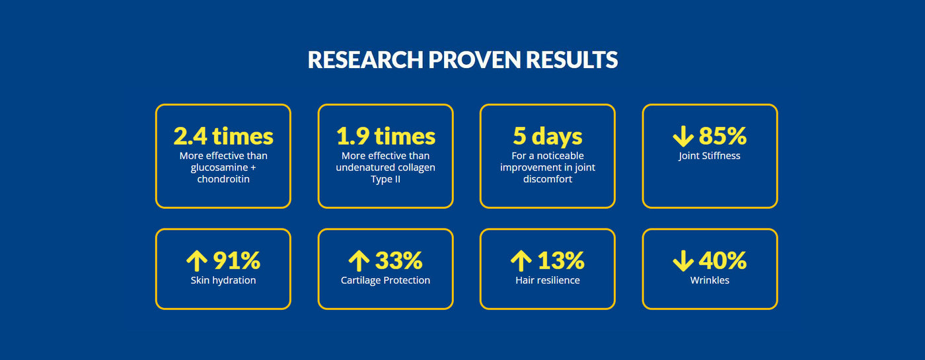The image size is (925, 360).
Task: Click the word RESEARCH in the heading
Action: (365, 60)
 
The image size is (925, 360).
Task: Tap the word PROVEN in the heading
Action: (474, 60)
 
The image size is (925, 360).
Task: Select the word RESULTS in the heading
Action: (572, 60)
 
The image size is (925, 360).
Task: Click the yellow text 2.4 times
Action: (223, 136)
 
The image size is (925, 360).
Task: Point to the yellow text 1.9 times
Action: (386, 136)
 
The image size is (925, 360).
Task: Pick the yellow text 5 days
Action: (548, 137)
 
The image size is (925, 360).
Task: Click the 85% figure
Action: (723, 136)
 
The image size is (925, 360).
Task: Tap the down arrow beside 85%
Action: (683, 136)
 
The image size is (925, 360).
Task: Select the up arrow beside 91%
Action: (197, 261)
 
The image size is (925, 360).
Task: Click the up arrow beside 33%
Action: (359, 261)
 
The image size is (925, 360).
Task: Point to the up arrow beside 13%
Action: (521, 261)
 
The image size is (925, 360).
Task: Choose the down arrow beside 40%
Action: (683, 261)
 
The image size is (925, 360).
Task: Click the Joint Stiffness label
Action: (710, 156)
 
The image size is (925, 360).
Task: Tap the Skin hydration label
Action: (223, 280)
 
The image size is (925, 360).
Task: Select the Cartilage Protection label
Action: (385, 280)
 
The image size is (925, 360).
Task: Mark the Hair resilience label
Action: (548, 280)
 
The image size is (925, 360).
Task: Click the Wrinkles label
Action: (710, 280)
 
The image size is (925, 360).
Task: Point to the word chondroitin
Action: (223, 179)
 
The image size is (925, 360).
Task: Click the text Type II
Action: (385, 180)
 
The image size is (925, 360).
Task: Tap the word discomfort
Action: (548, 179)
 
